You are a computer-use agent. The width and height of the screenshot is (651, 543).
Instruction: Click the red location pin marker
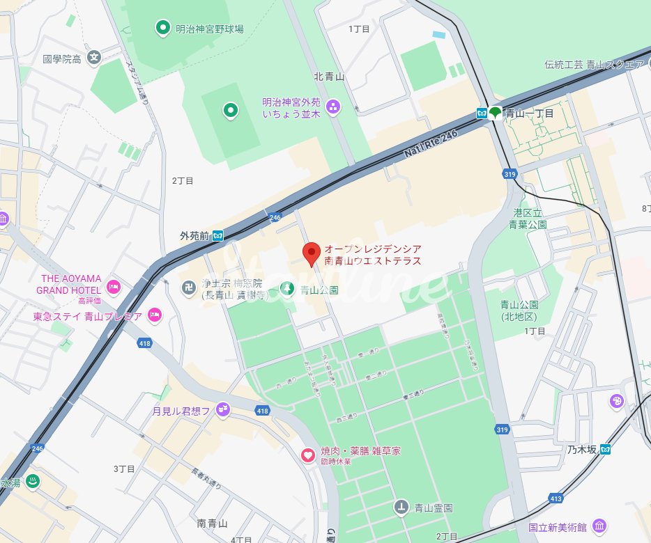(x=312, y=253)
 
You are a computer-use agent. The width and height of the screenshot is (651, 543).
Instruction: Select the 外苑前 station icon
(x=218, y=235)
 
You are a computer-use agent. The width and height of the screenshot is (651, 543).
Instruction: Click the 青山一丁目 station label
(x=529, y=113)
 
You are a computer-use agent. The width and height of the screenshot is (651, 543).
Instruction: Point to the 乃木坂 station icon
(x=606, y=449)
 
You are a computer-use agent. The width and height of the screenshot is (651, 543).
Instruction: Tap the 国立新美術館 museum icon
(x=599, y=526)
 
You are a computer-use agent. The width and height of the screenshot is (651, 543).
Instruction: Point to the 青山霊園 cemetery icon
(x=401, y=507)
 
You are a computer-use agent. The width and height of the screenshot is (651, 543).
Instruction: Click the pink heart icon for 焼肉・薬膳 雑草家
(x=307, y=455)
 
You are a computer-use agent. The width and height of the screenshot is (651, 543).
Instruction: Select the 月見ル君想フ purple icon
(x=222, y=411)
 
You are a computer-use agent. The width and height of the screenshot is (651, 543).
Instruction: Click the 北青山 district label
(x=329, y=77)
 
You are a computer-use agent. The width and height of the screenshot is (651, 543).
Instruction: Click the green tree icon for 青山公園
(x=286, y=289)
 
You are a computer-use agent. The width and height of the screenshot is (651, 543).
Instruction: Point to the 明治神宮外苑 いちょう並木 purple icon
(x=333, y=107)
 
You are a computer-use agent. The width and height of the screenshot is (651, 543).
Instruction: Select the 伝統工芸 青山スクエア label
(x=595, y=65)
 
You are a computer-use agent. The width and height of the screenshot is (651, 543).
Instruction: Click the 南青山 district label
(x=213, y=523)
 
